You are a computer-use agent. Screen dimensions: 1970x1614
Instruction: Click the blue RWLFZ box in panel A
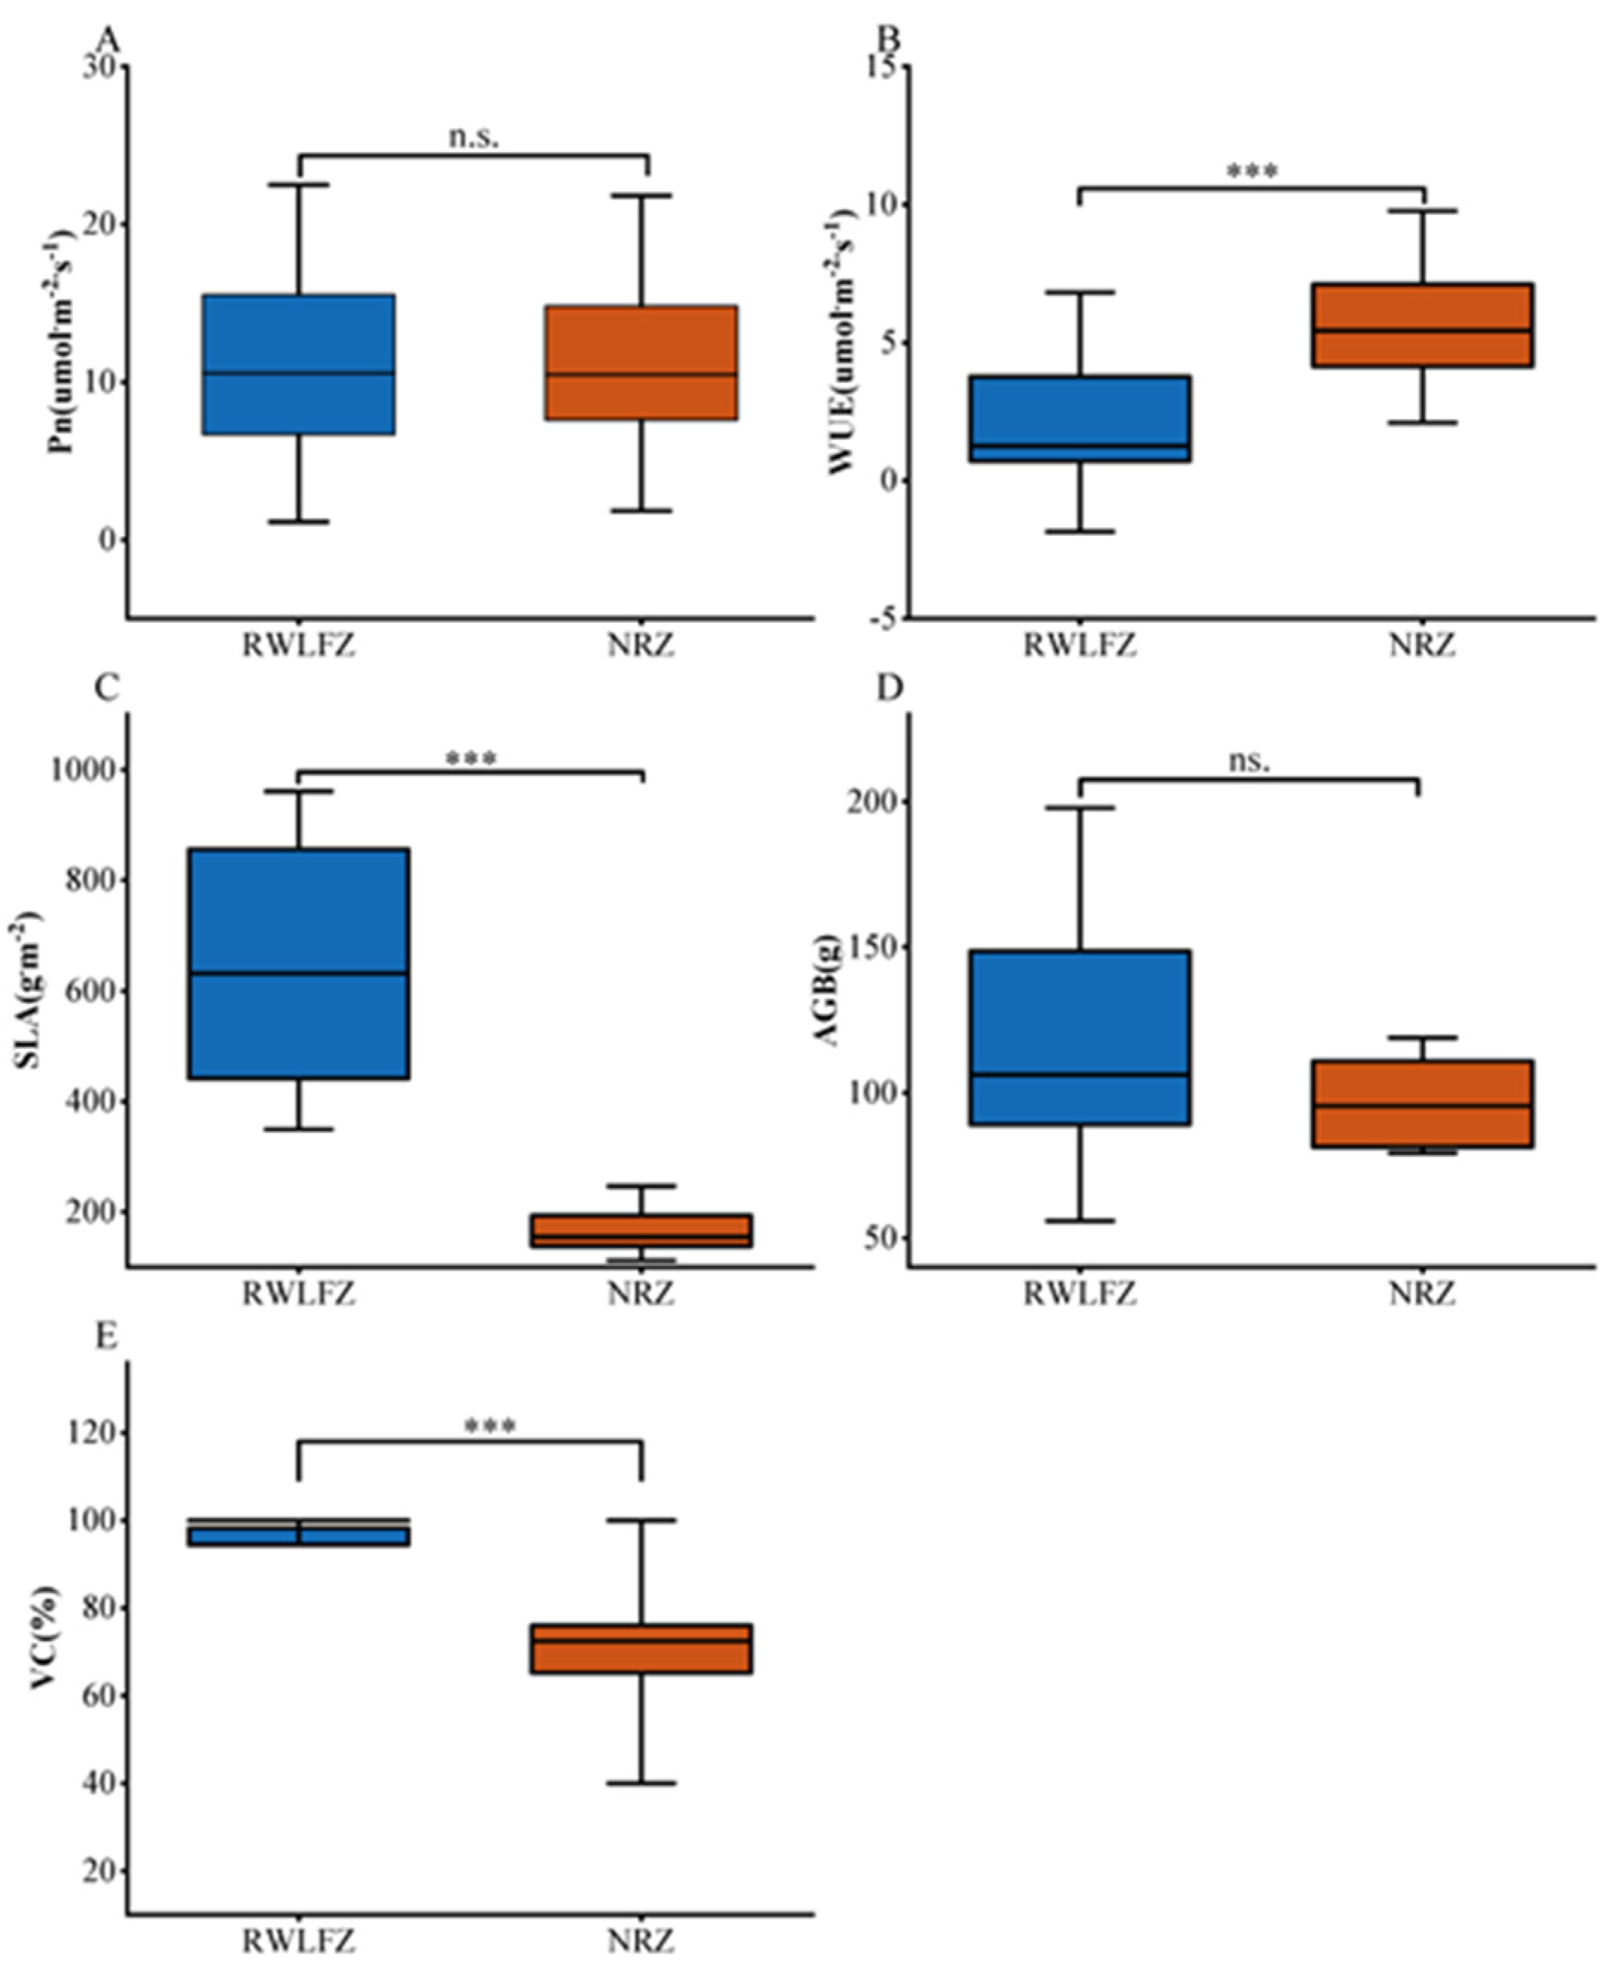pyautogui.click(x=299, y=364)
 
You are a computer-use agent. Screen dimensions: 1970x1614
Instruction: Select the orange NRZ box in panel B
pyautogui.click(x=1423, y=325)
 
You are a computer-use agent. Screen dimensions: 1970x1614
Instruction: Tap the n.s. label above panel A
pyautogui.click(x=474, y=136)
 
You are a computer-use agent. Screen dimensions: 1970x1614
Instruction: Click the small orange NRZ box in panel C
pyautogui.click(x=641, y=1229)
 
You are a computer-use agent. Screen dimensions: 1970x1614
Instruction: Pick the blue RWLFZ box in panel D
pyautogui.click(x=1080, y=1037)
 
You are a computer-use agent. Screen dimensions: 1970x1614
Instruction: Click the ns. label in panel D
pyautogui.click(x=1249, y=762)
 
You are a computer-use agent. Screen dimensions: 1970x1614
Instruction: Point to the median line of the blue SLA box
pyautogui.click(x=299, y=973)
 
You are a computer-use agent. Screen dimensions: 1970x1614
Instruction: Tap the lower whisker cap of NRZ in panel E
pyautogui.click(x=641, y=1783)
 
